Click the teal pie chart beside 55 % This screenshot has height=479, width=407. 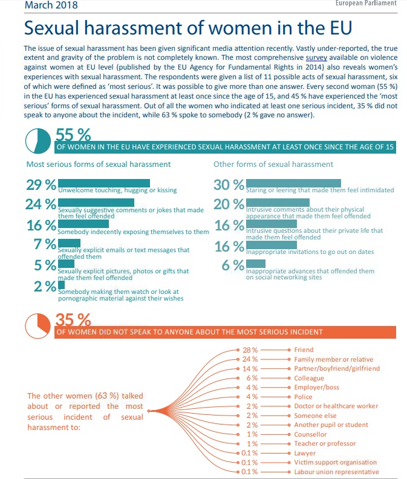[x=38, y=141]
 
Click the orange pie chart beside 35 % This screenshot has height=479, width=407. [x=37, y=325]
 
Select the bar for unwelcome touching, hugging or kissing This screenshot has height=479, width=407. [x=104, y=183]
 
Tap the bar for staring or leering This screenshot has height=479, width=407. [x=293, y=183]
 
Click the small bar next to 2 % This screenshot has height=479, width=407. [x=61, y=285]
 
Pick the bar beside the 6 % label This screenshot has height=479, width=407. [x=256, y=263]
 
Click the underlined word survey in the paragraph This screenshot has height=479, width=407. [x=316, y=57]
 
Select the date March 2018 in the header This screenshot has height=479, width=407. [x=51, y=5]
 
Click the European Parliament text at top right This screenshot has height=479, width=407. [x=366, y=3]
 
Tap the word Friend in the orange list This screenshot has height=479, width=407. [x=304, y=350]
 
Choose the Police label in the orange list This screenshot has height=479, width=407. [x=303, y=397]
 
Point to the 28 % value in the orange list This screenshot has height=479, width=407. [x=250, y=350]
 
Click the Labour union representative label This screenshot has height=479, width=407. [x=336, y=472]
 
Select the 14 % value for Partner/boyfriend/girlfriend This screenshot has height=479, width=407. [x=250, y=369]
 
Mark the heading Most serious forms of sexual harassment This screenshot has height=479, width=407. [x=99, y=165]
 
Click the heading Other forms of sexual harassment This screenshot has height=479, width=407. [x=273, y=165]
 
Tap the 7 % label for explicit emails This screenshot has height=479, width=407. [x=45, y=244]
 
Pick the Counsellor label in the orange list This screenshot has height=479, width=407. [x=310, y=434]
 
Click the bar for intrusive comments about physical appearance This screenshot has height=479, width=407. [x=278, y=203]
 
